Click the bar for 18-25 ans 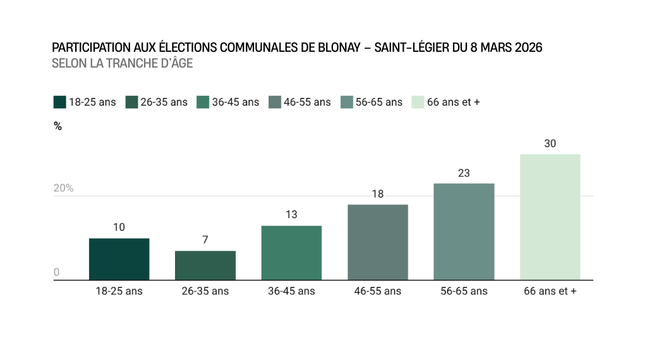(x=119, y=259)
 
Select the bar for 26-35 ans (x=205, y=265)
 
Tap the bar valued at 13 (x=291, y=253)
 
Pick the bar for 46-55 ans (x=378, y=242)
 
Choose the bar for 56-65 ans (x=464, y=231)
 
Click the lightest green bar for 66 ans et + (x=550, y=217)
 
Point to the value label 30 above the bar (x=550, y=143)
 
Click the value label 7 (x=205, y=240)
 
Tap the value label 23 (x=464, y=173)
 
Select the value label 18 (x=378, y=194)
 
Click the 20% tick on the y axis (x=63, y=188)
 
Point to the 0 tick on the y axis (x=56, y=272)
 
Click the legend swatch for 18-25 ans (x=60, y=102)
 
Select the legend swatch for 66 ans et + (x=418, y=102)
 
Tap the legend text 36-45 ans (x=236, y=102)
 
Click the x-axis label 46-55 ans (x=378, y=291)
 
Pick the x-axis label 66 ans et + (x=550, y=291)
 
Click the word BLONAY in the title (x=342, y=48)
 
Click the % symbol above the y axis (x=57, y=126)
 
